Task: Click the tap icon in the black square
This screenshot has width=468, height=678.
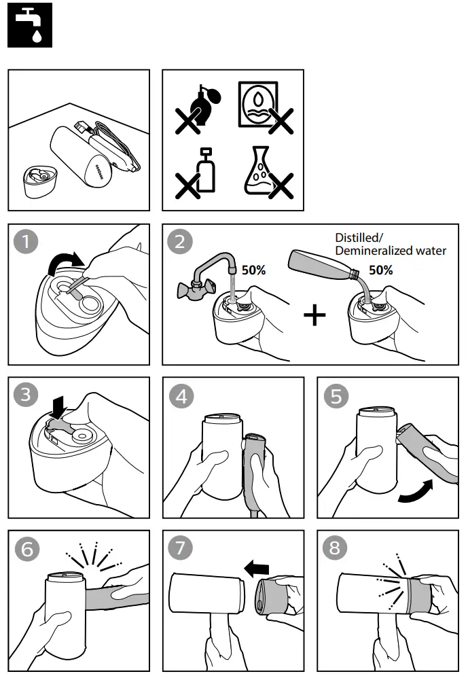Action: tap(29, 25)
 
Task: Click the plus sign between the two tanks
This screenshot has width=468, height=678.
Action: tap(314, 316)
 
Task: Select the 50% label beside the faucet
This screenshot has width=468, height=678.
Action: tap(253, 270)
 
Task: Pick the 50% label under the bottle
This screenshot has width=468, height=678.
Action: tap(380, 270)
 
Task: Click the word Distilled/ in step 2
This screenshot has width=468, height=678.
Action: tap(359, 238)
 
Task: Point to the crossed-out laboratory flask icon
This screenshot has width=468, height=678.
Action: tap(266, 174)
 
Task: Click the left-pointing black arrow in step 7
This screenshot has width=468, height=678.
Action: tap(257, 568)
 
